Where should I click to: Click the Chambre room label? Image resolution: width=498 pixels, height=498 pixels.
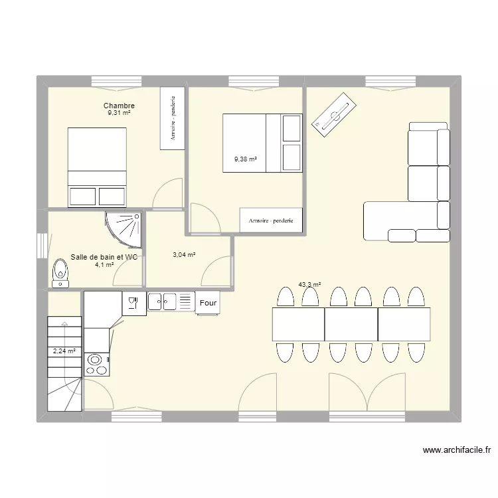pos(119,106)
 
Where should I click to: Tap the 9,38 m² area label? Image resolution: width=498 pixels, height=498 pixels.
pos(245,159)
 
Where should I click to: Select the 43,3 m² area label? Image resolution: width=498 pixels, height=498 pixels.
pos(309,285)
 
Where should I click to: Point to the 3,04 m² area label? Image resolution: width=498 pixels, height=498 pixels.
pos(184,254)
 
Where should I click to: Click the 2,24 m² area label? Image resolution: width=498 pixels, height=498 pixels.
pos(64,351)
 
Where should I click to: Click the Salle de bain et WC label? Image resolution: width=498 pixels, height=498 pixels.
pos(104,257)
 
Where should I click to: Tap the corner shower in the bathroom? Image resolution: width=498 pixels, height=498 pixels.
pos(125,227)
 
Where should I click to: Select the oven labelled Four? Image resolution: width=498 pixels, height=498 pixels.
pos(208,303)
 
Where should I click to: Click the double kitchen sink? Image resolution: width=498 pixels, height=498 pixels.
pos(170,302)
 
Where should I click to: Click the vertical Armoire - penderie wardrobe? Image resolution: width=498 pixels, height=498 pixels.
pos(172,119)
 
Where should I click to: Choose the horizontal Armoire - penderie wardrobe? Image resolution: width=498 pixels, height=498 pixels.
pos(271,220)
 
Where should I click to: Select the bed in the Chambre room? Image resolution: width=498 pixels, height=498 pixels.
pos(97,167)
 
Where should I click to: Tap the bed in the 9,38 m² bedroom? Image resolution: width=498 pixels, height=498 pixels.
pos(262,143)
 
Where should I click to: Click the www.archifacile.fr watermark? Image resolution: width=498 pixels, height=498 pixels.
pos(457,451)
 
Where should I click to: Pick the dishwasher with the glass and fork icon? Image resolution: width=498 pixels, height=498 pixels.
pos(133,303)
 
